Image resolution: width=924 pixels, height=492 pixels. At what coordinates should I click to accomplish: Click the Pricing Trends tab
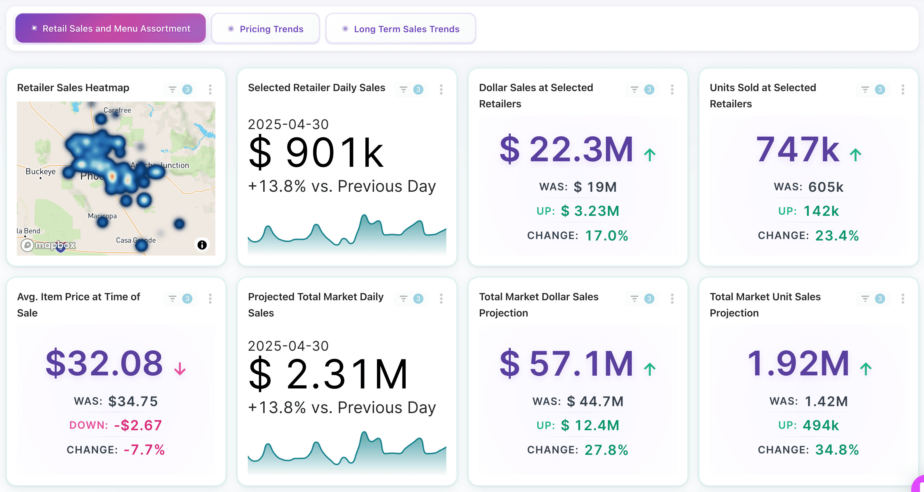click(x=266, y=29)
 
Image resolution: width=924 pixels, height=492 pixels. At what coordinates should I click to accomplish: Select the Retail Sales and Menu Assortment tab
click(x=111, y=28)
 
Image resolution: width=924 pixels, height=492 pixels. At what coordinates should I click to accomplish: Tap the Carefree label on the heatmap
click(x=117, y=110)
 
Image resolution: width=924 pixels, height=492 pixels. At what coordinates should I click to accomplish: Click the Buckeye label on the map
click(x=41, y=171)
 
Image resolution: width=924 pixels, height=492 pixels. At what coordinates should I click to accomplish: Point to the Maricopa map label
click(x=102, y=216)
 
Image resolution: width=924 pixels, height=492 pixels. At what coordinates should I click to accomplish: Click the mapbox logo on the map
click(x=48, y=245)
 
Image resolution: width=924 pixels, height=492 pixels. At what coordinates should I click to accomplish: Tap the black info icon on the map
click(x=202, y=245)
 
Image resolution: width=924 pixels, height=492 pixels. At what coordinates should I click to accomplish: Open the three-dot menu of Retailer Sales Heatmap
click(x=210, y=89)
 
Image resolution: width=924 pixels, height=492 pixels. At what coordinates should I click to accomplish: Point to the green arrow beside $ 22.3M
click(x=649, y=155)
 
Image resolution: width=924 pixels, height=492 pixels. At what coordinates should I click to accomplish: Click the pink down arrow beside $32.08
click(x=180, y=369)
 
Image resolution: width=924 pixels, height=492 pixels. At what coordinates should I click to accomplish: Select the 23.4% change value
click(x=837, y=236)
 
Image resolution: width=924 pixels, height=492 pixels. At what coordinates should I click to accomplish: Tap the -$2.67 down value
click(x=138, y=425)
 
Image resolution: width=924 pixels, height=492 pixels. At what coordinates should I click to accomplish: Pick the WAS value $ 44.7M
click(x=595, y=401)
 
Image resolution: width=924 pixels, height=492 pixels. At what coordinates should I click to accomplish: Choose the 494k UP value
click(x=820, y=425)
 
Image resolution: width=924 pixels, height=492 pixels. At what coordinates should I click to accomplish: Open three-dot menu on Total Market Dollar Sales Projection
click(x=672, y=298)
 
